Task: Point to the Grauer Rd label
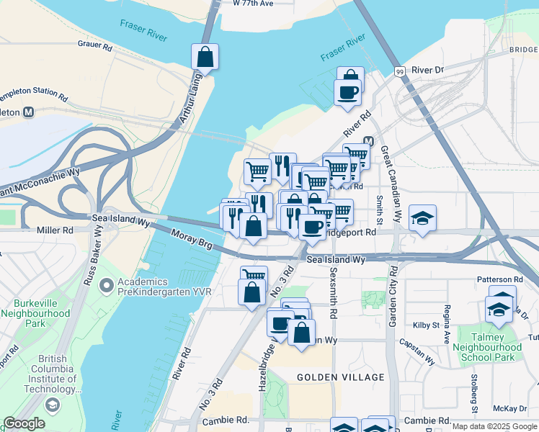point(95,45)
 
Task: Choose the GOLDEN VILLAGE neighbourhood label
point(340,377)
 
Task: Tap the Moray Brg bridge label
point(192,240)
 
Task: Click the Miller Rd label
point(55,230)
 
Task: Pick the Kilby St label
point(427,325)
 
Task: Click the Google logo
point(24,423)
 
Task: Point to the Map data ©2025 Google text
point(494,426)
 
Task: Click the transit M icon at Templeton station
point(30,112)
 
